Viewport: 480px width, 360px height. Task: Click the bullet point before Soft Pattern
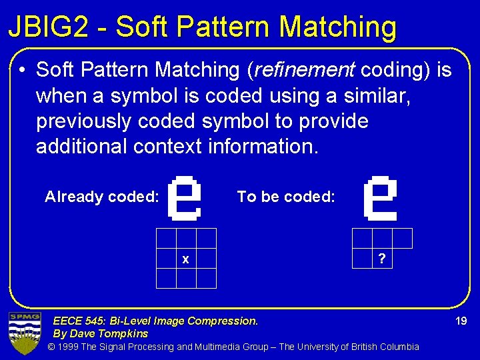(23, 70)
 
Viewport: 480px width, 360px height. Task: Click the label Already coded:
(101, 197)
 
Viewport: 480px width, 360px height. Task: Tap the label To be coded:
(286, 197)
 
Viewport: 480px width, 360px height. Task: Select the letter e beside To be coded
(380, 197)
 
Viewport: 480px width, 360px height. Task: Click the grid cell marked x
(186, 259)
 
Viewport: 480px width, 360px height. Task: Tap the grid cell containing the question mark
(381, 259)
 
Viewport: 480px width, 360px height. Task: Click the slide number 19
(461, 321)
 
